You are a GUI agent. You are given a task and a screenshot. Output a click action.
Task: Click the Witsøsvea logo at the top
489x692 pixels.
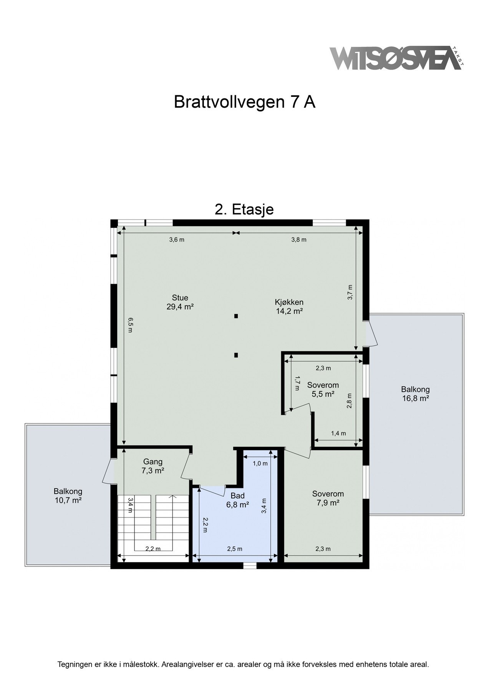pos(396,58)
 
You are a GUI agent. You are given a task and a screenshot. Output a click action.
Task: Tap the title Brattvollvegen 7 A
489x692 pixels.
pos(244,102)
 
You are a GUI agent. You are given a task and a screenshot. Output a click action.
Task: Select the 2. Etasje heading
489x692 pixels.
pos(244,210)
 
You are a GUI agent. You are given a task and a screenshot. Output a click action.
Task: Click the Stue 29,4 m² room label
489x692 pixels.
pos(180,302)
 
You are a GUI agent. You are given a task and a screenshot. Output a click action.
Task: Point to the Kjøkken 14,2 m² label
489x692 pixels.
pos(289,306)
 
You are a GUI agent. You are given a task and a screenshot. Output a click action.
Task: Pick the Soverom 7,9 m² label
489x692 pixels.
pos(328,498)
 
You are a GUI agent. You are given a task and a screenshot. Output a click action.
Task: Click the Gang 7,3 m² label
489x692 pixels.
pos(153,466)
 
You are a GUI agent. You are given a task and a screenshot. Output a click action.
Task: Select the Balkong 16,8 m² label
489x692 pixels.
pos(415,394)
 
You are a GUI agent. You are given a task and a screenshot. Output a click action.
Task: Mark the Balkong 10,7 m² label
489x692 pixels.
pos(68,496)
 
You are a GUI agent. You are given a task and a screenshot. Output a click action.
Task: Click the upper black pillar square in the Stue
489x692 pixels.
pos(236,316)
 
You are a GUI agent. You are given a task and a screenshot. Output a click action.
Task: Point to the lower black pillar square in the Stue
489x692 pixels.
pos(236,355)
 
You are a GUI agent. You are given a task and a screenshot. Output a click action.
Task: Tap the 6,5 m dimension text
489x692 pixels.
pos(130,324)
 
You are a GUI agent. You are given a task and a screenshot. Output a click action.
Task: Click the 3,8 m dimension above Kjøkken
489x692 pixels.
pos(299,240)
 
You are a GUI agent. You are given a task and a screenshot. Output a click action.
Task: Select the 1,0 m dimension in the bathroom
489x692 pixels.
pos(260,464)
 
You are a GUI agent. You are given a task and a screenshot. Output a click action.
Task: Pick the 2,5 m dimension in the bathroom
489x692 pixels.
pos(235,549)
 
